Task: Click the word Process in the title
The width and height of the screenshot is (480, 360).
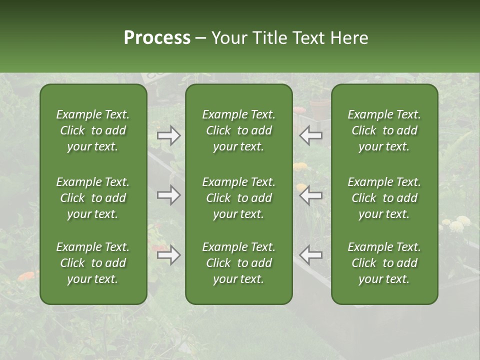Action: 157,38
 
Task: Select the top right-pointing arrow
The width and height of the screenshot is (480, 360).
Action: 169,135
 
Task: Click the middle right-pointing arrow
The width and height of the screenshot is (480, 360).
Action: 169,195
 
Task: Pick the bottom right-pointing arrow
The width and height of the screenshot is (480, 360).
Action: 169,255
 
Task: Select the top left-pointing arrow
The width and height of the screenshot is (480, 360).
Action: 311,135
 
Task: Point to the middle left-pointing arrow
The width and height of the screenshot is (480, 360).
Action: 311,195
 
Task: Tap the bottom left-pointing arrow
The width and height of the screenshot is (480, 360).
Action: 311,255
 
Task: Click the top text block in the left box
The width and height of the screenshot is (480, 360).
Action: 93,130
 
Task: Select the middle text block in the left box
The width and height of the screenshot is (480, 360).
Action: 93,198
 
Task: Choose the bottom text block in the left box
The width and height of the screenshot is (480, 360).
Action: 93,263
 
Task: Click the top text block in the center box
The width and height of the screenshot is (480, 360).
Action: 238,130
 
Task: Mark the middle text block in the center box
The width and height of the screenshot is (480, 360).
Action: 238,198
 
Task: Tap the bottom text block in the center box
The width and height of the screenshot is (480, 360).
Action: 238,263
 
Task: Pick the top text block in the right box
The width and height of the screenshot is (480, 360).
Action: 384,130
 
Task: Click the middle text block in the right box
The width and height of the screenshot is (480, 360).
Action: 384,198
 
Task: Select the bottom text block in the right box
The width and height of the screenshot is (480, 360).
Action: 384,263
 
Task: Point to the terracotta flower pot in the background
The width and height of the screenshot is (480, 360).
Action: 320,109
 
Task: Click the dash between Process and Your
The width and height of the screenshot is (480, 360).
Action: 201,39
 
